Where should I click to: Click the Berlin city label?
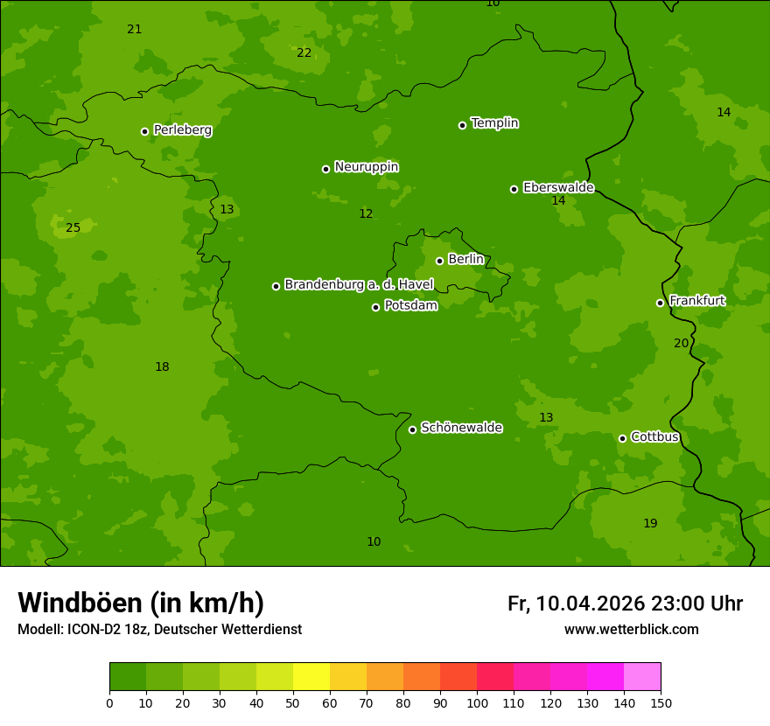tap(465, 259)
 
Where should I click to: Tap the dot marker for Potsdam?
tap(376, 307)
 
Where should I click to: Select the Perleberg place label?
tap(182, 129)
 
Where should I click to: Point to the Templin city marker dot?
tap(462, 125)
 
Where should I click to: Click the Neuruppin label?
tap(366, 166)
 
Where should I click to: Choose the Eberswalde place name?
tap(558, 187)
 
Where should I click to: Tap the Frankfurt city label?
tap(696, 300)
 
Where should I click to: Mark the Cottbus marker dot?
tap(622, 438)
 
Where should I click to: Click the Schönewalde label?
tap(461, 428)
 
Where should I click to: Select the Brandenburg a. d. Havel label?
tap(359, 284)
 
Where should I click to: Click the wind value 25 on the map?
tap(73, 228)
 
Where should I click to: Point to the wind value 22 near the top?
tap(304, 53)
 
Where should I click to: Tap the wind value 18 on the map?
tap(162, 367)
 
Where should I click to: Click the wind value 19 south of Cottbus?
tap(650, 524)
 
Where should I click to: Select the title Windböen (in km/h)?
tap(141, 603)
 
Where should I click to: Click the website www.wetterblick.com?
tap(631, 630)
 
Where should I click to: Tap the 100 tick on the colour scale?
tap(477, 702)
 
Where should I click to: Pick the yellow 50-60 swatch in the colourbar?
tap(311, 677)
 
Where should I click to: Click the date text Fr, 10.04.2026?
tap(576, 604)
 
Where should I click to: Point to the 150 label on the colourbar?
tap(661, 702)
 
